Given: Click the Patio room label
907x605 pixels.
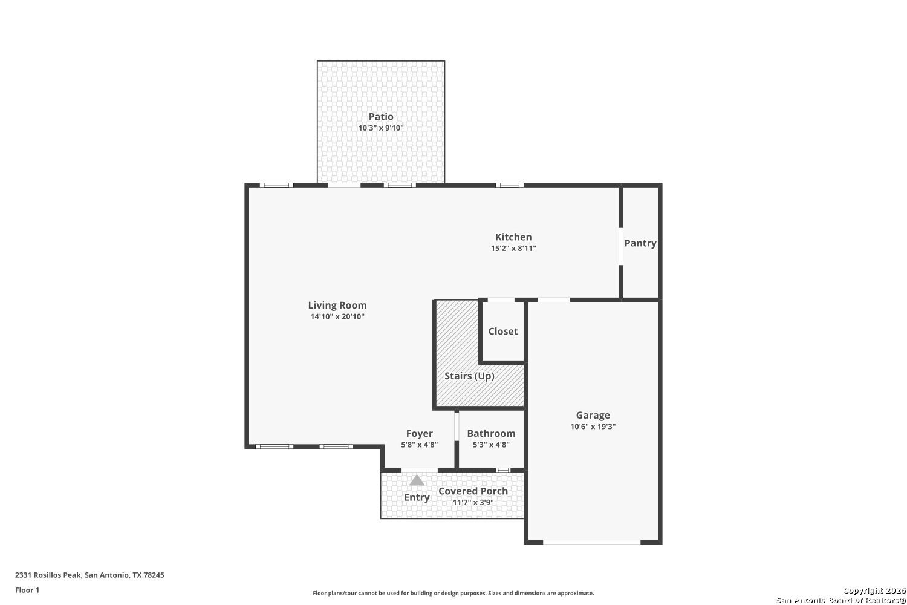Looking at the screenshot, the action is click(380, 117).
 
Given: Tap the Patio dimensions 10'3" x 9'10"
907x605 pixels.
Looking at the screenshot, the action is click(380, 128).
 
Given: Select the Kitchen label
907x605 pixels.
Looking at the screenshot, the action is click(513, 237).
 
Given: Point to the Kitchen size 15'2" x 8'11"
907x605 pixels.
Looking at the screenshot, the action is click(513, 249).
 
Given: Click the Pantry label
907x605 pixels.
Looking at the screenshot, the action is click(640, 243).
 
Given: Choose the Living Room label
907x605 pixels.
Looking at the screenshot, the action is click(337, 305).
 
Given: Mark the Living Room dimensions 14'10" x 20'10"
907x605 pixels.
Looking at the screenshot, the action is click(337, 316).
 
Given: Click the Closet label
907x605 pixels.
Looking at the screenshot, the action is click(503, 332).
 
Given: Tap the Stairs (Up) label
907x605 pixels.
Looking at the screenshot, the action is click(469, 376).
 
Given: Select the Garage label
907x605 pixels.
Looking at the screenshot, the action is click(593, 416).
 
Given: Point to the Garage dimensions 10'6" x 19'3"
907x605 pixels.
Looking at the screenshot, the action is click(593, 427).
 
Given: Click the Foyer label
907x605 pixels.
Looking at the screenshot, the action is click(420, 434).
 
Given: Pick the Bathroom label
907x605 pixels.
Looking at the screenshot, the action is click(491, 434).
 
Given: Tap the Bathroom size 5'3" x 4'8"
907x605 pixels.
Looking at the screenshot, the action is click(491, 445).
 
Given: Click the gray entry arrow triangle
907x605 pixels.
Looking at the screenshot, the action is click(417, 480).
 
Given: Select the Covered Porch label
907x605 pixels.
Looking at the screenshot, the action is click(473, 491).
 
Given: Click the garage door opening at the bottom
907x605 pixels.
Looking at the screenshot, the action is click(591, 542).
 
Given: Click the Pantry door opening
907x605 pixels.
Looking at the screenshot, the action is click(621, 247).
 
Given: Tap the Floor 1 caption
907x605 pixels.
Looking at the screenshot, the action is click(27, 590).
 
